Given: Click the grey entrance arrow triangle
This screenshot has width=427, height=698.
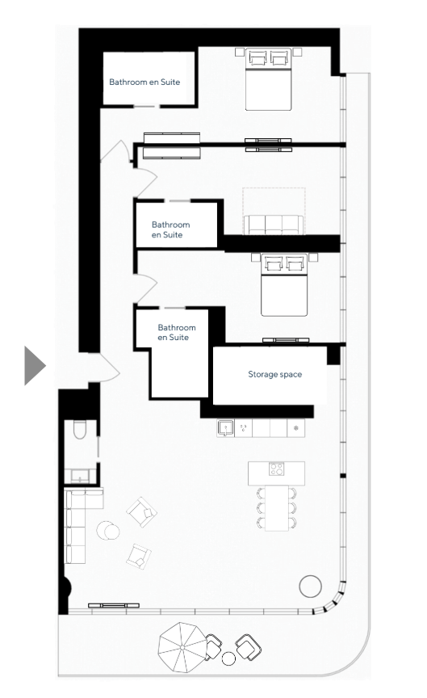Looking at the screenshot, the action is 34,365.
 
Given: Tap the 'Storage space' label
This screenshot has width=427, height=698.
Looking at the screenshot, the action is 275,374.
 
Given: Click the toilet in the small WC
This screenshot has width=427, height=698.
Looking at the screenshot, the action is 80,430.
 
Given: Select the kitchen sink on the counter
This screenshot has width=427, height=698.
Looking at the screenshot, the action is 225,428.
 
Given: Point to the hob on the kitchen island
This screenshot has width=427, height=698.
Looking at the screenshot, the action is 276,469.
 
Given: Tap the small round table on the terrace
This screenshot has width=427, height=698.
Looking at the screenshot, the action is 228,658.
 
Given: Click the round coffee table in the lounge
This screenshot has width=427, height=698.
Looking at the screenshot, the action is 108,531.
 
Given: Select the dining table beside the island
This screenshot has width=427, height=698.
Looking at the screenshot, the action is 276,508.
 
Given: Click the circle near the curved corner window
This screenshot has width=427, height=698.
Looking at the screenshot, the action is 311,587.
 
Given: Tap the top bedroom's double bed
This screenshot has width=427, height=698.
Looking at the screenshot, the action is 269,79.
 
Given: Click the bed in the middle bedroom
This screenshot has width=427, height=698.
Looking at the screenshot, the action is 284,285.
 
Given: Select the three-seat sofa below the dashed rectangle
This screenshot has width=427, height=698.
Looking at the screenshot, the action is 274,225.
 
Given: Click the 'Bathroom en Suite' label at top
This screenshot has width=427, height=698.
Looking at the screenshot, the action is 144,82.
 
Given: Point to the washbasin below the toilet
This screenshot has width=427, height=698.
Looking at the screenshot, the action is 80,477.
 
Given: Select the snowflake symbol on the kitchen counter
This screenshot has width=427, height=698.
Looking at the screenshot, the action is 295,428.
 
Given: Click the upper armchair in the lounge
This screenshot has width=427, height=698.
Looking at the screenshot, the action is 142,512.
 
